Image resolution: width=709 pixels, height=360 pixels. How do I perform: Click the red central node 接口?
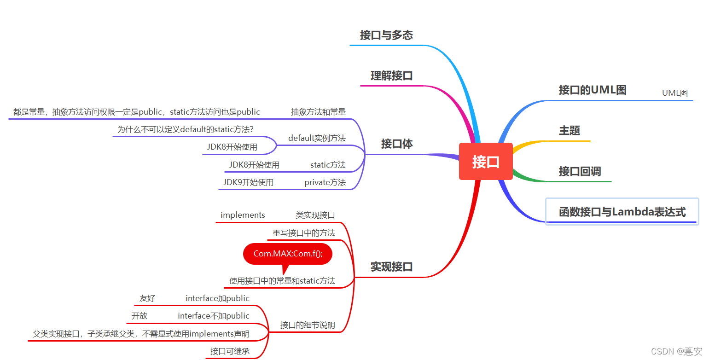click(x=486, y=162)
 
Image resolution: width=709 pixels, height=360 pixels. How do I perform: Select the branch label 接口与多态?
click(x=386, y=35)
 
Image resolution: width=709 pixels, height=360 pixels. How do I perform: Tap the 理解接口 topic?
click(x=392, y=76)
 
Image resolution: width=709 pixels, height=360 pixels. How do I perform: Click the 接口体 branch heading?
click(x=397, y=144)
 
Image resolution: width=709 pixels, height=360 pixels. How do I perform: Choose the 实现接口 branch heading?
click(x=392, y=267)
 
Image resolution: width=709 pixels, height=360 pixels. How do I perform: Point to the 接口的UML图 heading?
click(x=593, y=90)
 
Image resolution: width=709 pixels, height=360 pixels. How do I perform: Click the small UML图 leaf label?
click(x=674, y=93)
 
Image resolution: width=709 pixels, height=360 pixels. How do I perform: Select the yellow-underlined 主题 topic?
click(x=570, y=131)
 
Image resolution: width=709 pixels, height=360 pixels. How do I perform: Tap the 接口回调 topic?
click(x=580, y=172)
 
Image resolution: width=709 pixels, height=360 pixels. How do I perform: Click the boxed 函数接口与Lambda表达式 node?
click(x=622, y=212)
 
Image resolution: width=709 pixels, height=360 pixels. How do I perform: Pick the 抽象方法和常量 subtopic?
click(x=318, y=112)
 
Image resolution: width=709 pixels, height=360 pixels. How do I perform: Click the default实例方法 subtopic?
click(x=317, y=138)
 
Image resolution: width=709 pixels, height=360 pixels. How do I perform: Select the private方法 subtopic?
click(x=325, y=182)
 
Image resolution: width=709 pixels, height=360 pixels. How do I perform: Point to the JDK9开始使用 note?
click(x=248, y=182)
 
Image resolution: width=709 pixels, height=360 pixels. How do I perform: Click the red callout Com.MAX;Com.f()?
click(x=288, y=254)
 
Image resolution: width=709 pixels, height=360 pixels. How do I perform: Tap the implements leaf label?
click(x=243, y=215)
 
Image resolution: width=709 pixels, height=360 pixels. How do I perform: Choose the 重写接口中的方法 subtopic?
click(x=304, y=233)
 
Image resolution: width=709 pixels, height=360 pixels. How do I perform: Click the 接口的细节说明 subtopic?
click(x=308, y=325)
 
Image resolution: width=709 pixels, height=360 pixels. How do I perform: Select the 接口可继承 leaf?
click(x=230, y=352)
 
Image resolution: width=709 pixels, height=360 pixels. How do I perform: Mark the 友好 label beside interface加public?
click(x=147, y=299)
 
